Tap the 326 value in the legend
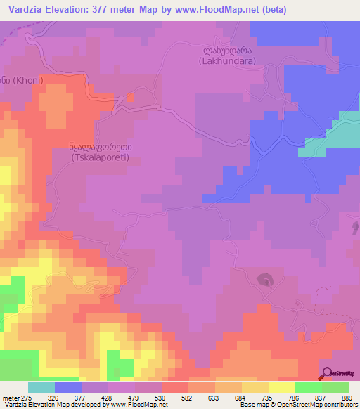coord(68,398)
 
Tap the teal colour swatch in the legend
coord(41,387)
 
